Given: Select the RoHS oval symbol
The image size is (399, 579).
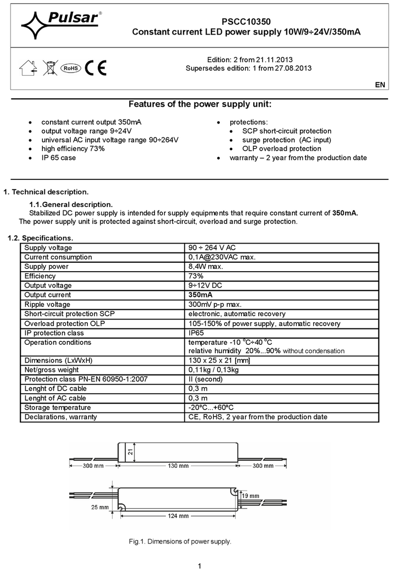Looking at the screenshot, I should click(x=70, y=68).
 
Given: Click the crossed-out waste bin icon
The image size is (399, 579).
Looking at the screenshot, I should click(x=49, y=68).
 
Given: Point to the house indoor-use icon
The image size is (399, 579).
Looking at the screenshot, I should click(x=28, y=68).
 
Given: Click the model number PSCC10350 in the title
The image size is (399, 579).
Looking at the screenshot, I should click(x=245, y=22).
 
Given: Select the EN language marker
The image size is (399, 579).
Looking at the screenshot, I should click(x=380, y=85).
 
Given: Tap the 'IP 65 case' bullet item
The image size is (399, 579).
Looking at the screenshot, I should click(x=58, y=158).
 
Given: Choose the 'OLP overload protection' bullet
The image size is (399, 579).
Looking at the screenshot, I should click(x=281, y=149).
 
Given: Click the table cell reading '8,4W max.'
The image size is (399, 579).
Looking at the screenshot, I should click(x=206, y=267).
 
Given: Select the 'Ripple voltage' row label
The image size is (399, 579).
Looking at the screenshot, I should click(x=47, y=304).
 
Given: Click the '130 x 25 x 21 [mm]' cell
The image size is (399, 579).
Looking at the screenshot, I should click(x=220, y=360).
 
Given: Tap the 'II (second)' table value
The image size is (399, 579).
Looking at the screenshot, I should click(x=206, y=379).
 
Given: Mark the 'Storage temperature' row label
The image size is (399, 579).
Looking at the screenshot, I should click(x=57, y=408).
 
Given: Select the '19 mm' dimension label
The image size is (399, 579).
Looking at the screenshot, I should click(x=251, y=496).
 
